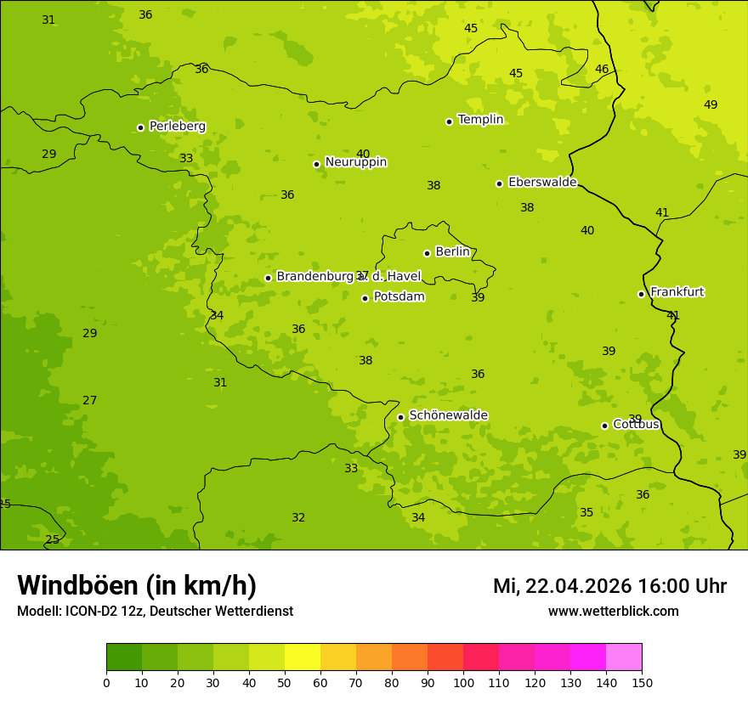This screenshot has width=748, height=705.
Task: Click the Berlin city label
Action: click(452, 252)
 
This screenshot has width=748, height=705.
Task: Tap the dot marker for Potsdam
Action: click(365, 298)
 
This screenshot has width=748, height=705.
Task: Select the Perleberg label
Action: click(178, 127)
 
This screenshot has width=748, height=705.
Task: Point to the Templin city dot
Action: click(449, 121)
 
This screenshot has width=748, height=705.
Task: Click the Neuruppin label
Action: click(356, 162)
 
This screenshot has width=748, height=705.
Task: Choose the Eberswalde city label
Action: click(542, 183)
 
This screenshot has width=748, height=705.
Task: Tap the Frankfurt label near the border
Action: click(677, 292)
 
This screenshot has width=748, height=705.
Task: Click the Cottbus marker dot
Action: click(604, 426)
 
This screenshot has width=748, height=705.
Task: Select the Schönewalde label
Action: click(449, 415)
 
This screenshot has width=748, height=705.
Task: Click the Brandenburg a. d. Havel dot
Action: click(268, 278)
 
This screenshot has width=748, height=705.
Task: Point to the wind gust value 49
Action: click(711, 105)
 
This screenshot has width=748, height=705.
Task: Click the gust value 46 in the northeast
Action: click(602, 70)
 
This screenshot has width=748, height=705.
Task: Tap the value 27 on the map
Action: click(90, 401)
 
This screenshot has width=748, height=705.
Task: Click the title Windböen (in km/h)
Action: click(137, 585)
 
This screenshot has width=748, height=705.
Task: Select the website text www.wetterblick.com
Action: click(614, 612)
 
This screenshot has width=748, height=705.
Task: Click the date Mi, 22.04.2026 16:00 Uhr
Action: click(609, 586)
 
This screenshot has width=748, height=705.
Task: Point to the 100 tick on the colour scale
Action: click(463, 682)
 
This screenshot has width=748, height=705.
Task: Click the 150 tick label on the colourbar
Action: click(642, 682)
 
